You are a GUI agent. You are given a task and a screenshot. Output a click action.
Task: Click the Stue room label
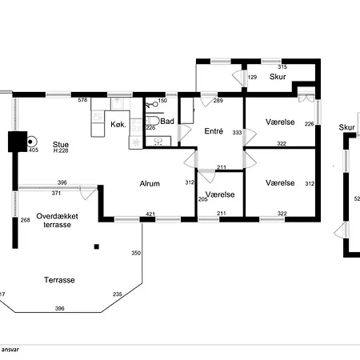point(61,145)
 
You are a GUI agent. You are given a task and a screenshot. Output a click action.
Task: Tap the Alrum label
point(150,183)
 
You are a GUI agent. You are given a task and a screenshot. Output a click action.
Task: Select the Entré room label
point(214,131)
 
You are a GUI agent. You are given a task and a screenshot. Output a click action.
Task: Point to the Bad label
point(167,122)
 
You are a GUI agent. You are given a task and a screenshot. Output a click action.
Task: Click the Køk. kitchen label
point(118,124)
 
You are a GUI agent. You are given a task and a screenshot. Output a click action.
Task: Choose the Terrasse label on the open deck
point(59,280)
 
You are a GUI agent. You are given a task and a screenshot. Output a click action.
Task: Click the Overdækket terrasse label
point(57,220)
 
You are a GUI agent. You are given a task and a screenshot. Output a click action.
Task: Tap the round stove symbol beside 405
point(31,142)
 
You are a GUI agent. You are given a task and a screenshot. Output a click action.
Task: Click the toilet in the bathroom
point(153,121)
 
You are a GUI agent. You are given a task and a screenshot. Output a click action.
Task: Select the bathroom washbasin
point(158,141)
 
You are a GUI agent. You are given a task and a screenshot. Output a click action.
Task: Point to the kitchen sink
point(118,103)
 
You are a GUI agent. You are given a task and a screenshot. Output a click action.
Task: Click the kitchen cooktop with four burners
point(136,125)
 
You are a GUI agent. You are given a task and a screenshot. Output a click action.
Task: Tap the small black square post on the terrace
point(97,246)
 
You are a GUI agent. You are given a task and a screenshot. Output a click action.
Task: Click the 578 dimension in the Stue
point(82,100)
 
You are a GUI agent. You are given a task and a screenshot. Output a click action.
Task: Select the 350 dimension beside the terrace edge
point(136,253)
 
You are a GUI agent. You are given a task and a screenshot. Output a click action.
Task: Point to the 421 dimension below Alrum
point(150,214)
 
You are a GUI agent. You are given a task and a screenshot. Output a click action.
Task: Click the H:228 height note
point(61,150)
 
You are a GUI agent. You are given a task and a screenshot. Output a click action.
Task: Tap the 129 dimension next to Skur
point(252,77)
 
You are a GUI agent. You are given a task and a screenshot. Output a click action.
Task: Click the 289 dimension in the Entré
point(218,101)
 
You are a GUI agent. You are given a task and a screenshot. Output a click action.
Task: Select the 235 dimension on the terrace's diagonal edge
point(118,294)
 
